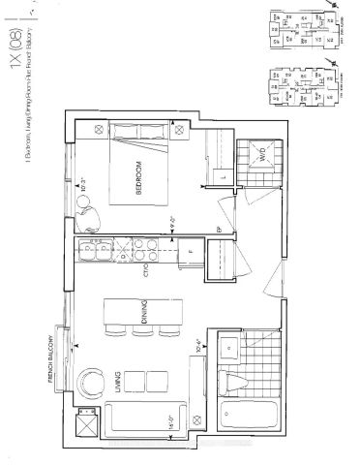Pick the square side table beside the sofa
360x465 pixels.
point(87,424)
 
